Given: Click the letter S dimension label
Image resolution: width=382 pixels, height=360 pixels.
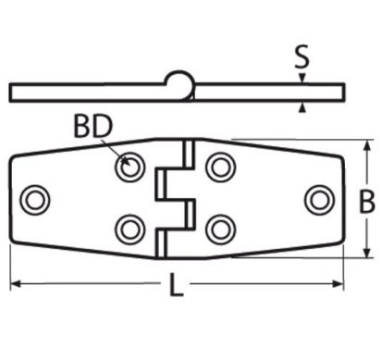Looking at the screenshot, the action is [x=302, y=56].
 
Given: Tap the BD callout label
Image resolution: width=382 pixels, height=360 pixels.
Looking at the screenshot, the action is [x=93, y=127].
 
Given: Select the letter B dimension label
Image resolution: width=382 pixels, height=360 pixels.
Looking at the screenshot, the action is [x=367, y=202].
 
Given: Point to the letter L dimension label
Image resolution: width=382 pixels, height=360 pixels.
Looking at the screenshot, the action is [x=177, y=285].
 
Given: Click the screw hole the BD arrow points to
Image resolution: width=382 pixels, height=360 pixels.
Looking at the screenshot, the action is [x=129, y=168].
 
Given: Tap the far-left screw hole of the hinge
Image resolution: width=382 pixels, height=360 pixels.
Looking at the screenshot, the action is [x=35, y=200].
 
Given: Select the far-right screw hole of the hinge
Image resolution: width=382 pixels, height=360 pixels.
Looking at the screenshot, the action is [x=320, y=200].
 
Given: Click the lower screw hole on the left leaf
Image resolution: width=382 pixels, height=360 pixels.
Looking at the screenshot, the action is [x=129, y=230].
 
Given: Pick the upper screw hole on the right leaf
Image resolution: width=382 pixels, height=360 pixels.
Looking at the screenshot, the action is [x=221, y=168].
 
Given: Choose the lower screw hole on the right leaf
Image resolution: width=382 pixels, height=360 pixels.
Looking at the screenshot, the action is [x=221, y=230].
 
